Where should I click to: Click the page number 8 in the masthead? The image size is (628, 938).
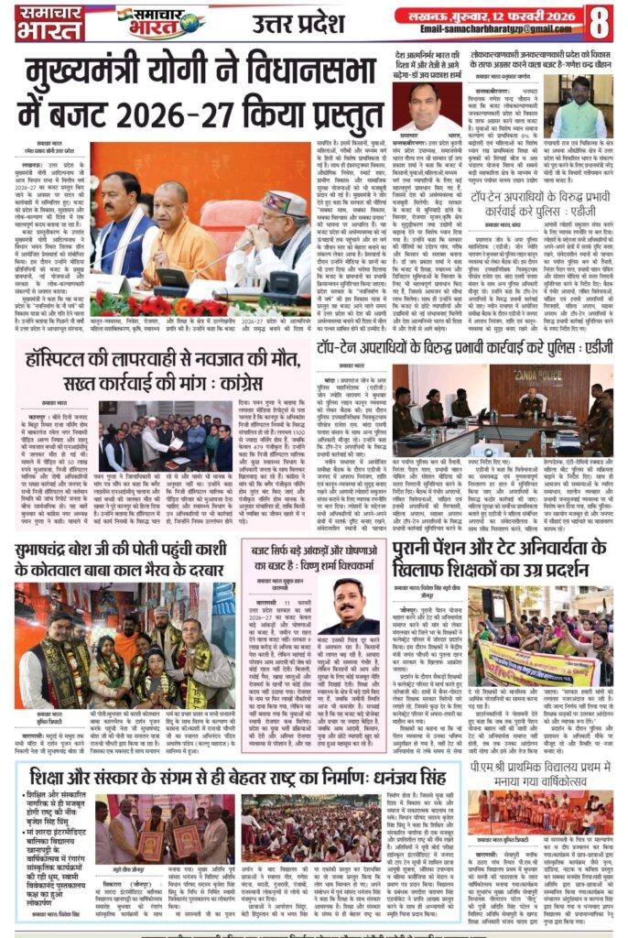pyautogui.click(x=600, y=20)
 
